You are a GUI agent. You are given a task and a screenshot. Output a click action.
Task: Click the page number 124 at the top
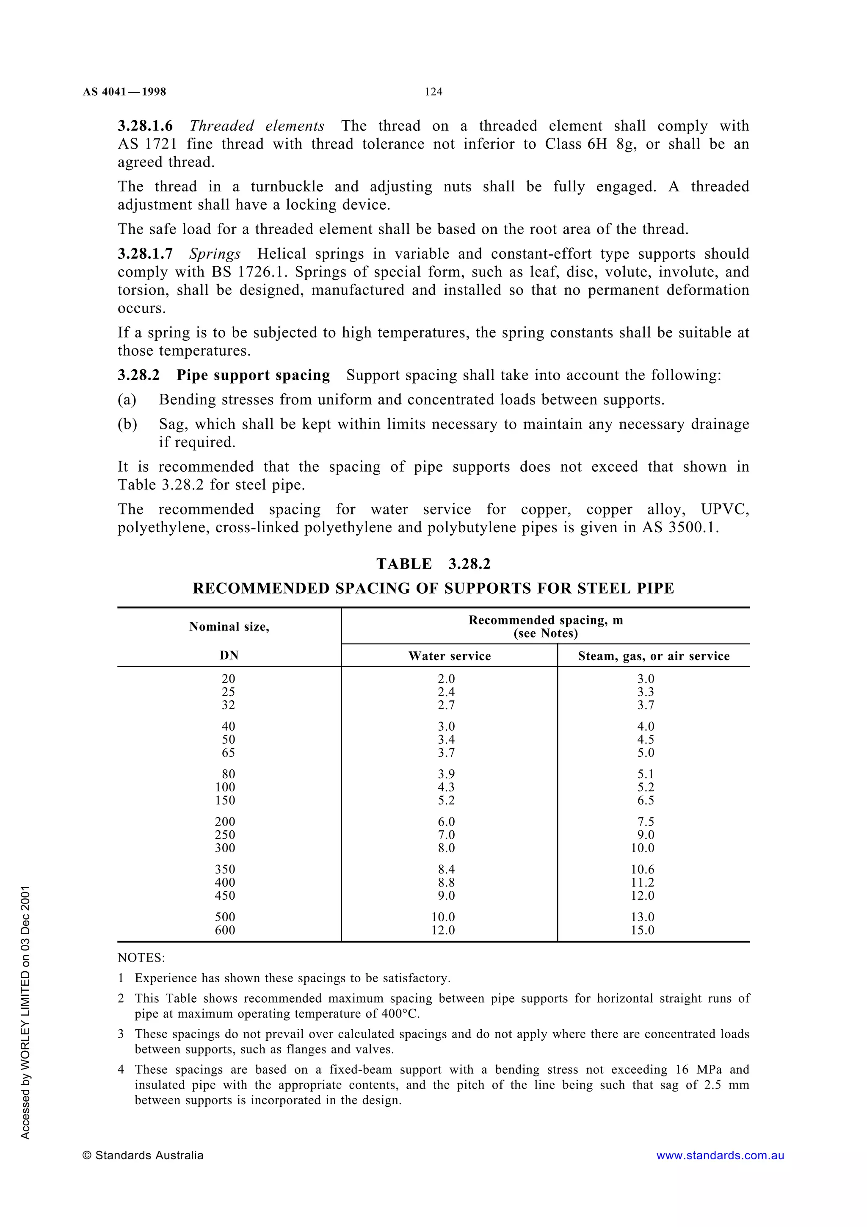pyautogui.click(x=433, y=92)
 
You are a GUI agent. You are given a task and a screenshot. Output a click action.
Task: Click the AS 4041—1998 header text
pyautogui.click(x=124, y=92)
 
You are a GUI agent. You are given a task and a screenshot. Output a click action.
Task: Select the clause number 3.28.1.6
pyautogui.click(x=145, y=126)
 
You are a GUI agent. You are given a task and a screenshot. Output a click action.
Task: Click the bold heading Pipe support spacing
pyautogui.click(x=253, y=375)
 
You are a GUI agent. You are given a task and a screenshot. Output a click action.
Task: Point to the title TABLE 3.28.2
pyautogui.click(x=433, y=564)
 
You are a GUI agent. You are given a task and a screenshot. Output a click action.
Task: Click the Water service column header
pyautogui.click(x=449, y=656)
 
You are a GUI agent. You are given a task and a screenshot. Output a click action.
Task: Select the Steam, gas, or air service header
pyautogui.click(x=653, y=656)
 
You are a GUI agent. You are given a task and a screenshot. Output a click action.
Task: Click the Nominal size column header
pyautogui.click(x=229, y=627)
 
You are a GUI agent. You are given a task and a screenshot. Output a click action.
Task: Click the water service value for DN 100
pyautogui.click(x=446, y=787)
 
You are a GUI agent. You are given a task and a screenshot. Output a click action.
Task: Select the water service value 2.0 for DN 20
pyautogui.click(x=446, y=679)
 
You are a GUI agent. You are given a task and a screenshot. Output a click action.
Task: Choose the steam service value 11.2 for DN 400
pyautogui.click(x=642, y=882)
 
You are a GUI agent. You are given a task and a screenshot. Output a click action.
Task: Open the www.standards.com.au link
pyautogui.click(x=720, y=1155)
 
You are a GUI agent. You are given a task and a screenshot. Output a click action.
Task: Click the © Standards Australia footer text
pyautogui.click(x=143, y=1155)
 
